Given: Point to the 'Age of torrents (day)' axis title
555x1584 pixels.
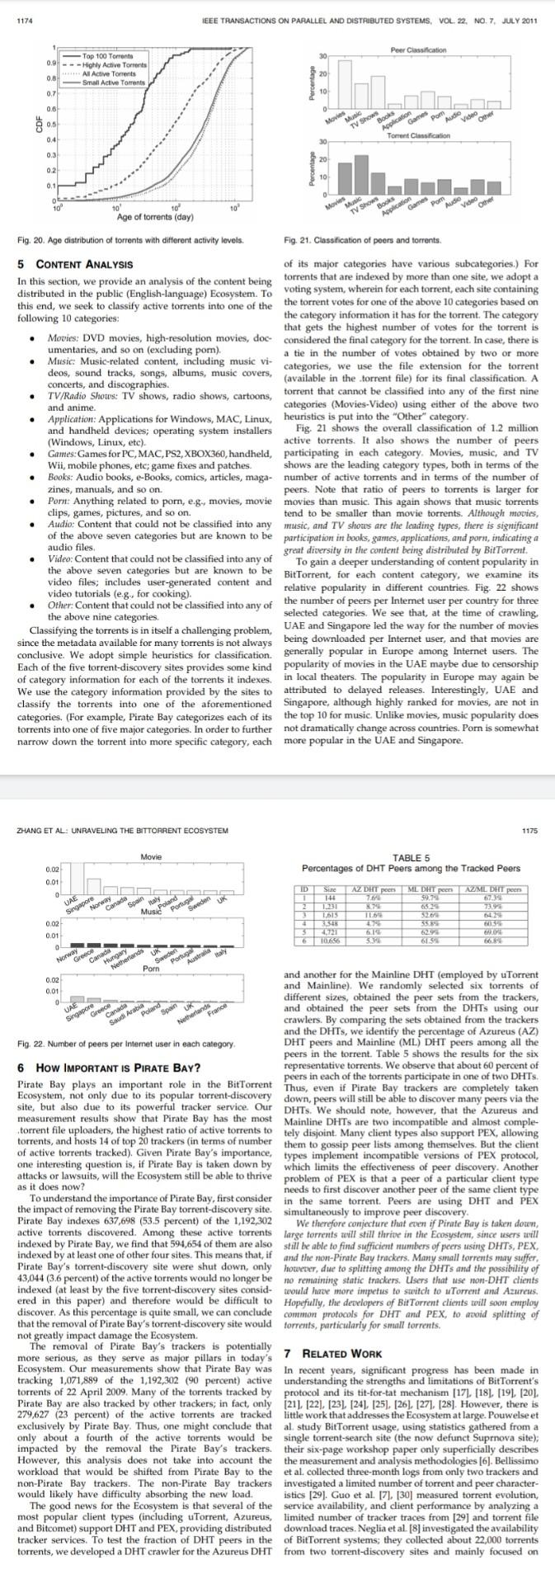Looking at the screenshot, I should pyautogui.click(x=155, y=217).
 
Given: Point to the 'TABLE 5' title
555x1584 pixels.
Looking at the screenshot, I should pyautogui.click(x=411, y=858).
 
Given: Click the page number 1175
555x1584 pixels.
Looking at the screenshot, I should pyautogui.click(x=529, y=830).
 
